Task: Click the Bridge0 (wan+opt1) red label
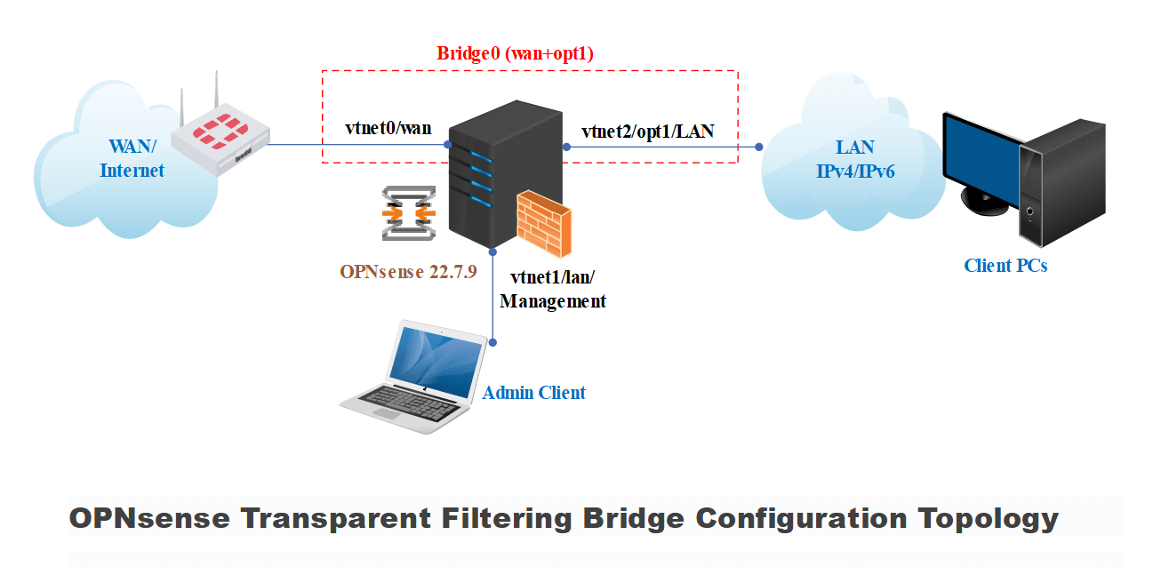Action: point(515,53)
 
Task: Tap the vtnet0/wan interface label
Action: point(388,128)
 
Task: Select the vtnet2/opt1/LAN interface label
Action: point(647,132)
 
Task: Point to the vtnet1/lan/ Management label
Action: point(553,289)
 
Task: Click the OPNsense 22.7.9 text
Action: point(409,271)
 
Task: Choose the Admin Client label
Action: point(533,392)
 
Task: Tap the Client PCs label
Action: point(1005,265)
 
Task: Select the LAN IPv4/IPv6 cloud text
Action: point(855,159)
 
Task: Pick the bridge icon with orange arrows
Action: point(408,213)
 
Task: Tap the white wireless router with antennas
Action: point(219,138)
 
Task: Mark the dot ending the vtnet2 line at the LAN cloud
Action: point(760,147)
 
